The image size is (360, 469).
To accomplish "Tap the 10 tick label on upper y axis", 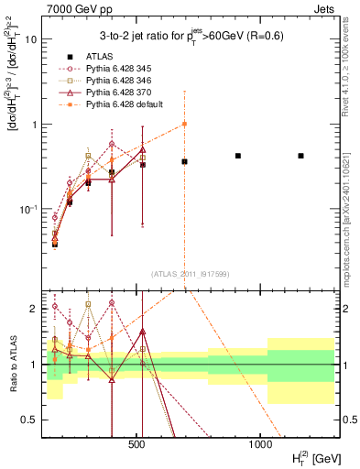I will (30, 40).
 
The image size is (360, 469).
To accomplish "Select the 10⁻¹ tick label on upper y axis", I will (28, 209).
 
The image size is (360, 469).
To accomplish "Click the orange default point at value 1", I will (185, 124).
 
